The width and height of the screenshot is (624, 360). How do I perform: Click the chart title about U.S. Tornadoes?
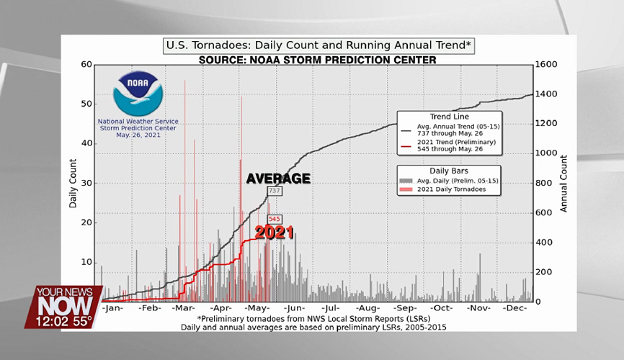(318, 46)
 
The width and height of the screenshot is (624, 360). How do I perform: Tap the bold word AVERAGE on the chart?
(278, 179)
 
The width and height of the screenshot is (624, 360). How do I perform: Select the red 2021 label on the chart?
(274, 233)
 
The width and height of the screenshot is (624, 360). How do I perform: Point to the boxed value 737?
(274, 191)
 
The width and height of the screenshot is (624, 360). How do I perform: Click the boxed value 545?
(274, 219)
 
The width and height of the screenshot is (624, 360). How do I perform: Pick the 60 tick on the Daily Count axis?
(87, 65)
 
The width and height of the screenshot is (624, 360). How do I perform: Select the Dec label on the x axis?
(516, 308)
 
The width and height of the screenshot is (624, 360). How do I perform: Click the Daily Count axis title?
(73, 183)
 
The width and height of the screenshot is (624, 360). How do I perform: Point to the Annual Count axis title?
(564, 183)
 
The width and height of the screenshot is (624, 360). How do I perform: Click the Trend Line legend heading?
(449, 117)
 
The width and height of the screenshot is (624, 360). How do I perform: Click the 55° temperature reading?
(81, 321)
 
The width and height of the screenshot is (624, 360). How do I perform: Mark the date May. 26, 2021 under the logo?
(138, 135)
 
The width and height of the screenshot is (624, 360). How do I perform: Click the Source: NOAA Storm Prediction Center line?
(318, 60)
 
